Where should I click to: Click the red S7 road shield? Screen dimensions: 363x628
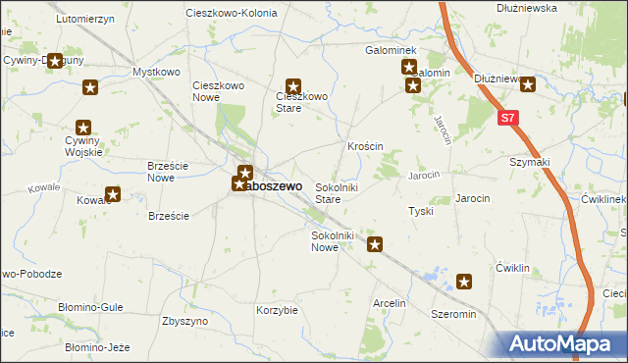[x=507, y=119]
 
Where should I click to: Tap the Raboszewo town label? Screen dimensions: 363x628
[x=276, y=184]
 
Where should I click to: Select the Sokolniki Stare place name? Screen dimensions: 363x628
[x=340, y=192]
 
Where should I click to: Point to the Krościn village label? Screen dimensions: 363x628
[x=364, y=146]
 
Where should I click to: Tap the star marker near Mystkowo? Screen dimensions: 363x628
[x=90, y=87]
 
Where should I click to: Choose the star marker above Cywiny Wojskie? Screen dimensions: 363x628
[x=83, y=127]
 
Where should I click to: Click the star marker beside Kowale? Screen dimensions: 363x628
[x=113, y=194]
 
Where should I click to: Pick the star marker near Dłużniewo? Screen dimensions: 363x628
[x=528, y=84]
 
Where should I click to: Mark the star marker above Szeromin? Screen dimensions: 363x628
[x=464, y=283]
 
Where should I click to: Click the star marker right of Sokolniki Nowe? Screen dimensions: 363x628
[x=374, y=244]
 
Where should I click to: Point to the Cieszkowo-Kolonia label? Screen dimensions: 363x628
[x=232, y=13]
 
